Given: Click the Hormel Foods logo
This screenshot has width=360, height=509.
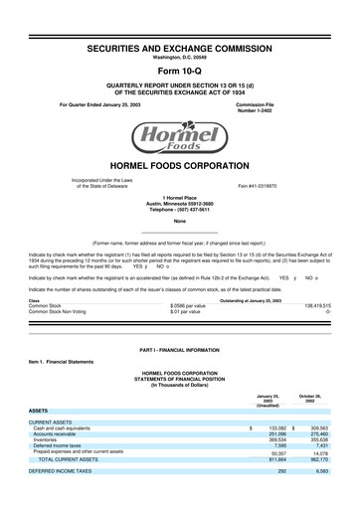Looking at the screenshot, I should click(x=179, y=134).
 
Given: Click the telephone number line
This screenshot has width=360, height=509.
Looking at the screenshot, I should click(x=179, y=211).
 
